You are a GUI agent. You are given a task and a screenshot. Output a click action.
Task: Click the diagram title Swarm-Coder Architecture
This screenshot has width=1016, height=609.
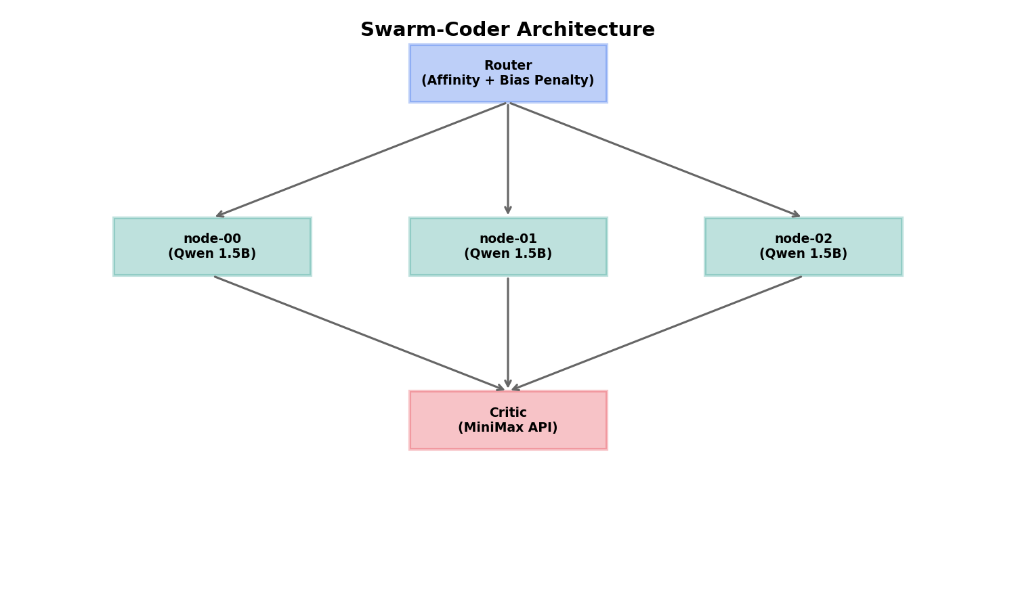click(507, 30)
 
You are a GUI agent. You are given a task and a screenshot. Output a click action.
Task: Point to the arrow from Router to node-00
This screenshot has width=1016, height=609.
click(361, 160)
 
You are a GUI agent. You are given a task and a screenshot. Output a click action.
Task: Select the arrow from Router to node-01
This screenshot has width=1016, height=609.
click(508, 160)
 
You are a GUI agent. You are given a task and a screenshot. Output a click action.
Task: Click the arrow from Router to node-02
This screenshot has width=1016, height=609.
click(655, 160)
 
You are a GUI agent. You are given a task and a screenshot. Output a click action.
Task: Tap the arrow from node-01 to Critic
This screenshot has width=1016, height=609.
click(508, 334)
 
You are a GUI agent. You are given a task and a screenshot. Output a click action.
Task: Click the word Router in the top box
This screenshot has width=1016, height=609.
click(508, 66)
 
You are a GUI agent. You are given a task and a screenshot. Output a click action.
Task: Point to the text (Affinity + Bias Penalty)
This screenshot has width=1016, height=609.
click(508, 81)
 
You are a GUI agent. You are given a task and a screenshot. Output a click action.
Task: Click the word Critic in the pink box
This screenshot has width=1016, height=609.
click(508, 413)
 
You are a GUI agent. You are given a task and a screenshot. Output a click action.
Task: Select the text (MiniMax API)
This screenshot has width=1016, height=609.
click(508, 428)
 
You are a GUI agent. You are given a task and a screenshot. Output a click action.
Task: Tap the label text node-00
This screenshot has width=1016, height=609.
click(212, 239)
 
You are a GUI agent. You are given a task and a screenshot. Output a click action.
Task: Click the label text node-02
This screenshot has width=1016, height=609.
click(803, 239)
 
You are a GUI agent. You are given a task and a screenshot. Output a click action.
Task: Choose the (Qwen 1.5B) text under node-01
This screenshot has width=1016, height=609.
click(508, 254)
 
